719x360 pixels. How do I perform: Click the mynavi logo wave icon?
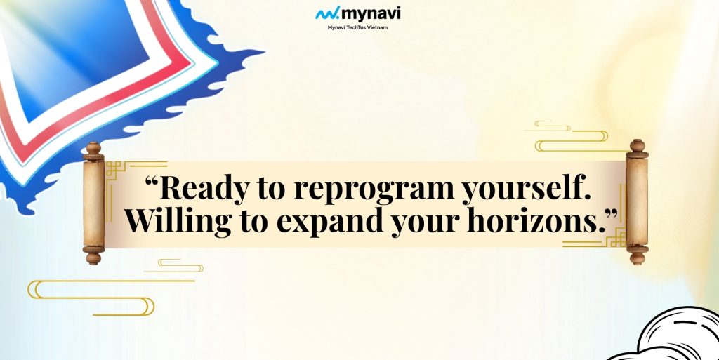pyautogui.click(x=327, y=13)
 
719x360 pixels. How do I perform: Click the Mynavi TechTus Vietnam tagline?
pyautogui.click(x=359, y=27)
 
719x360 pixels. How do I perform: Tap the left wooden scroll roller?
pyautogui.click(x=93, y=203)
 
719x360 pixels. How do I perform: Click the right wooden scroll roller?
pyautogui.click(x=637, y=203)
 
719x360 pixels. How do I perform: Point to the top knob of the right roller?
pyautogui.click(x=637, y=146)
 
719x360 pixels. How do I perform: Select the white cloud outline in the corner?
pyautogui.click(x=674, y=337)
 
